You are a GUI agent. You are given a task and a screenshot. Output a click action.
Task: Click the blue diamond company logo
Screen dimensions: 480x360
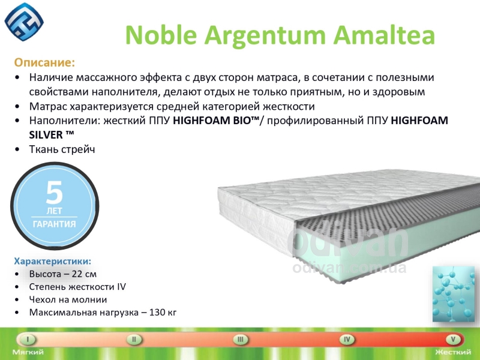coord(24,22)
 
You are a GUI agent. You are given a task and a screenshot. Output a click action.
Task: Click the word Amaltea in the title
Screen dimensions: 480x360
coord(384,35)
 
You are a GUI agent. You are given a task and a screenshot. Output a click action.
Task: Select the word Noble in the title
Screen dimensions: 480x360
coord(161,35)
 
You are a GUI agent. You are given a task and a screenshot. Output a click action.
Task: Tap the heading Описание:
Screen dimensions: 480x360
coord(44,62)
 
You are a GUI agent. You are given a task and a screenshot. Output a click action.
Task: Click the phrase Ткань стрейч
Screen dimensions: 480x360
coord(62,149)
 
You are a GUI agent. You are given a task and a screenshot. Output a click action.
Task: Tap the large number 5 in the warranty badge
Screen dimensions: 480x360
coord(54,192)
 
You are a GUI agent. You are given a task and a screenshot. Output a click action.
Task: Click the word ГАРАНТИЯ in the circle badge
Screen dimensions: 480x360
coord(54,224)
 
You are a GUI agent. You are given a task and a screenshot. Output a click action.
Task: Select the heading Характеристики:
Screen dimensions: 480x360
coord(53,261)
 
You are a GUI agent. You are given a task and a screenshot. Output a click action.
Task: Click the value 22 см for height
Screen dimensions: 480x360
coord(84,274)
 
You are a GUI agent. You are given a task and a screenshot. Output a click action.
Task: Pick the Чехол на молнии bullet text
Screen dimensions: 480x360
coord(68,299)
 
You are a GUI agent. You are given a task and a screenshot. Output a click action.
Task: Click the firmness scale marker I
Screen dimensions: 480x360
coord(28,340)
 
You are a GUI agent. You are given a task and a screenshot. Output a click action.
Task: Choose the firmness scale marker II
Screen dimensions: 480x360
coord(134,340)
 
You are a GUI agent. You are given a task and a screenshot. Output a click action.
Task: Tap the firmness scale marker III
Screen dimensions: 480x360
coord(241,340)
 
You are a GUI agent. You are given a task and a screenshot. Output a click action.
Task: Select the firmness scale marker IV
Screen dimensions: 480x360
coord(347,340)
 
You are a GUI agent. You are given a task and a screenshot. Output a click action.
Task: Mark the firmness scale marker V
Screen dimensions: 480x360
coord(453,340)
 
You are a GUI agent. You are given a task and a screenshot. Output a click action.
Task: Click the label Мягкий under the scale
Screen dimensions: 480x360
coord(28,352)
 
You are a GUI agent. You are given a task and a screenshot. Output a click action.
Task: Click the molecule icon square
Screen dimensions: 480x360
coord(454,294)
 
